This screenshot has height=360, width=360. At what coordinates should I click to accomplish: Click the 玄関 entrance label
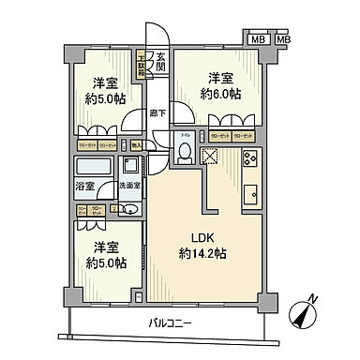160,62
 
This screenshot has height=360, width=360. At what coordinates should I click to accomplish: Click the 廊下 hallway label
157,114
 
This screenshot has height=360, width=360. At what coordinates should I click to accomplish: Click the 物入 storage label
136,146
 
